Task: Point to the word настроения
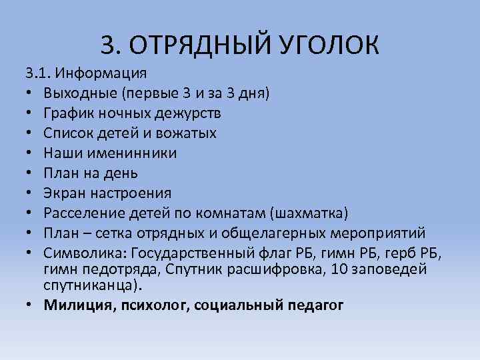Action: pos(130,193)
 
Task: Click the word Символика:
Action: pos(86,253)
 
